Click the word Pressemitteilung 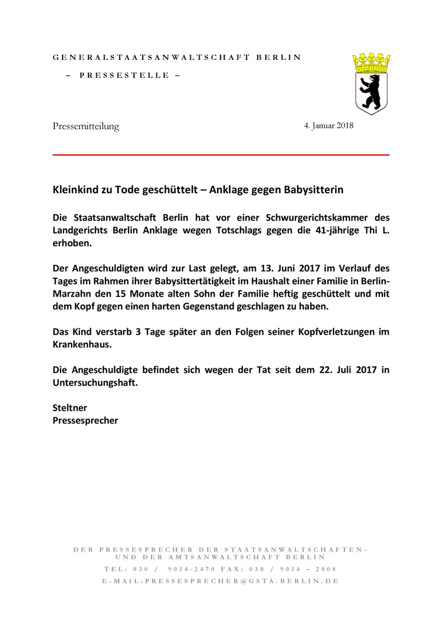tap(86, 126)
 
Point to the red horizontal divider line tap(221, 155)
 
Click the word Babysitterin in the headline tap(314, 191)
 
